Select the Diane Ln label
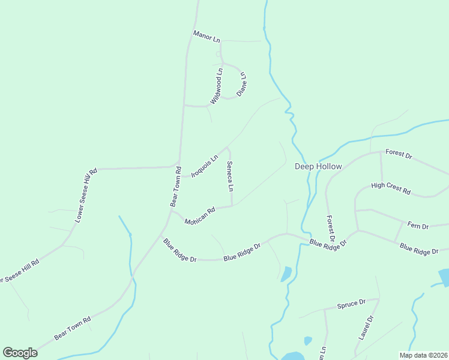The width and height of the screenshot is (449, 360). pos(242,85)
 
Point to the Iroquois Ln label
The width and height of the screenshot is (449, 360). pos(203,167)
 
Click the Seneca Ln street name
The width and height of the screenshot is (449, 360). pos(230,176)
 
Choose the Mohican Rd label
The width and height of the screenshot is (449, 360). pos(200,217)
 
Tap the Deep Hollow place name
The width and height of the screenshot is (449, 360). pos(318,166)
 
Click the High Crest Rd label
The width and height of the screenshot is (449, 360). pos(391,188)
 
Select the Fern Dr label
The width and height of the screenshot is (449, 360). pos(418,226)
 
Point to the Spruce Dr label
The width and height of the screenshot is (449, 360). pos(352,304)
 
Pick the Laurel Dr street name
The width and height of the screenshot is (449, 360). pos(366,328)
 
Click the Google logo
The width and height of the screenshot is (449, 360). pos(20,353)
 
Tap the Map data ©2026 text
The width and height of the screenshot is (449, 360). pos(423,355)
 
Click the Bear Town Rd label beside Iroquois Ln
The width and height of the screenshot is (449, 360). pos(175,187)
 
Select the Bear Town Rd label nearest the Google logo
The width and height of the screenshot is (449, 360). pos(72,328)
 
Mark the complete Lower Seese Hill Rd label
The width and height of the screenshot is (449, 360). pos(86,196)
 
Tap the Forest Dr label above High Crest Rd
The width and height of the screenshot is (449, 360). pos(399,155)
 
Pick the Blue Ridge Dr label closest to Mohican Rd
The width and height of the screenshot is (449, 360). pos(179,250)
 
